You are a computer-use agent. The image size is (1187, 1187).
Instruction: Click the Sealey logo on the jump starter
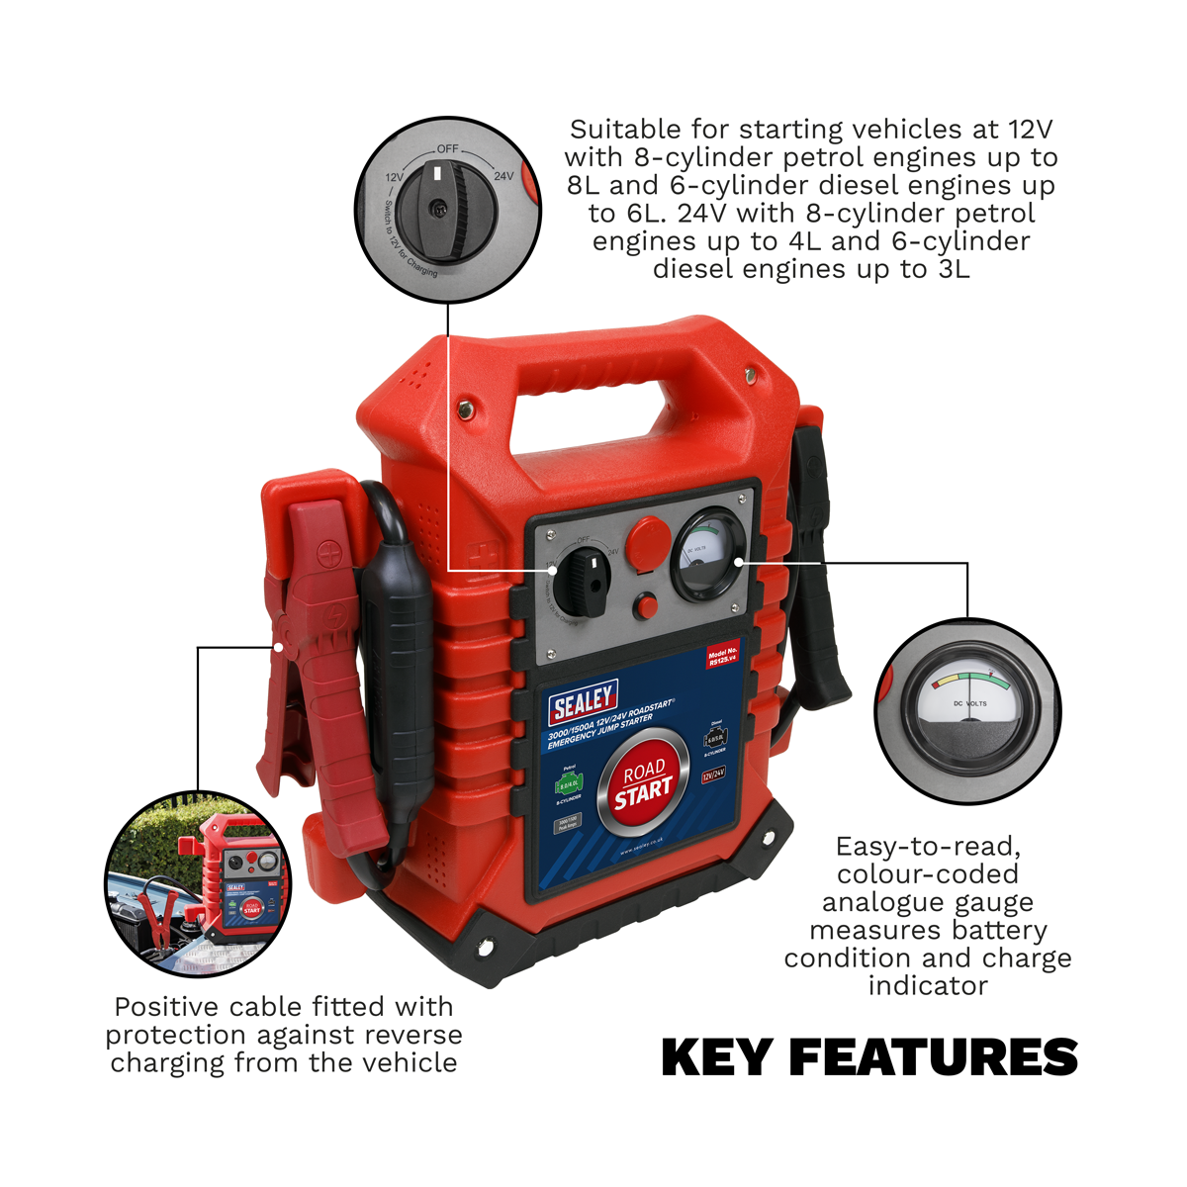584,701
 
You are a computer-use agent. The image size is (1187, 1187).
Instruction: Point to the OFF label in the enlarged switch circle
447,148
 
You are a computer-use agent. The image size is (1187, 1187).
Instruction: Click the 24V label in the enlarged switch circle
503,176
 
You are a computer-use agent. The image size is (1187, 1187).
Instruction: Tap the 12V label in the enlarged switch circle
394,178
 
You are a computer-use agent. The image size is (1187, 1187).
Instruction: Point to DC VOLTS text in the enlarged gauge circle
969,703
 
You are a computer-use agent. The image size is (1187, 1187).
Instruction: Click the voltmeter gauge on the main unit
707,555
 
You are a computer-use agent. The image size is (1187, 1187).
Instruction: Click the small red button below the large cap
647,605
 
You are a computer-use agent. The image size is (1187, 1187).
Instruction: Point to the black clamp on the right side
819,554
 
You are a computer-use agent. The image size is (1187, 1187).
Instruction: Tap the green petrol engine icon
569,785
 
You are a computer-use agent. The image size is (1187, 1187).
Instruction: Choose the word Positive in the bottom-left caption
166,1007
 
